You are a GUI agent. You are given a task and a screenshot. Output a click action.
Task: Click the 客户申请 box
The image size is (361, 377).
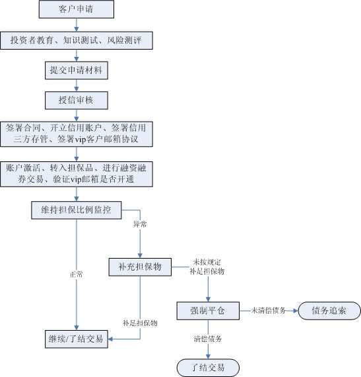tap(77, 10)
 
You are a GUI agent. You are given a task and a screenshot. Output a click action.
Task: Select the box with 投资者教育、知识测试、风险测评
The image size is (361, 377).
tap(77, 40)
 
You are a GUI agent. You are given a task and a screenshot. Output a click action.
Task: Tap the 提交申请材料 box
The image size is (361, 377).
tap(77, 69)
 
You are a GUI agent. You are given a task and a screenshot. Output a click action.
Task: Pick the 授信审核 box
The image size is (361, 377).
tap(77, 100)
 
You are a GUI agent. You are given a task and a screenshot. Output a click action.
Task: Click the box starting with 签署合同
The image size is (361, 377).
tap(77, 134)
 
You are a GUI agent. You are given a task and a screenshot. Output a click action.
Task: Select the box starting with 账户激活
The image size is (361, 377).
tap(77, 173)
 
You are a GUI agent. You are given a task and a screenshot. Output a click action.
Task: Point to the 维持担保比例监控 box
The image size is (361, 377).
tap(77, 210)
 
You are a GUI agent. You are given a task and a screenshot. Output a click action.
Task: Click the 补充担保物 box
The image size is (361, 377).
tap(140, 267)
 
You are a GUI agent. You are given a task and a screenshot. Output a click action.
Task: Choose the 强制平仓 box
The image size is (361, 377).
tap(208, 310)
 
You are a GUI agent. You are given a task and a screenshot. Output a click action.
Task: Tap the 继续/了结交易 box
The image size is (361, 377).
tap(77, 339)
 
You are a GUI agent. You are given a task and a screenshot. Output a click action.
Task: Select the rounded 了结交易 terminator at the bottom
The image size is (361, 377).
tap(208, 367)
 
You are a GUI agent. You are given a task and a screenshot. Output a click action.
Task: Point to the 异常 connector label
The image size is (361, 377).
tap(140, 225)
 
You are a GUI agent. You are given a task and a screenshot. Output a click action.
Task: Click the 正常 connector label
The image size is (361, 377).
tap(77, 274)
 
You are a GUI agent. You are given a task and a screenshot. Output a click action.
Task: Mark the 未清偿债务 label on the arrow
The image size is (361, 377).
tap(268, 310)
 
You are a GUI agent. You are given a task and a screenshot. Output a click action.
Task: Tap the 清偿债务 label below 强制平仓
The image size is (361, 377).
tap(208, 339)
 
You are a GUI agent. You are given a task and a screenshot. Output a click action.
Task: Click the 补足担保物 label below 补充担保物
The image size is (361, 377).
tap(140, 323)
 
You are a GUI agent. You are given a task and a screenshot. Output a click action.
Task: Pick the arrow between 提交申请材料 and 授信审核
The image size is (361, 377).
tap(77, 85)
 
